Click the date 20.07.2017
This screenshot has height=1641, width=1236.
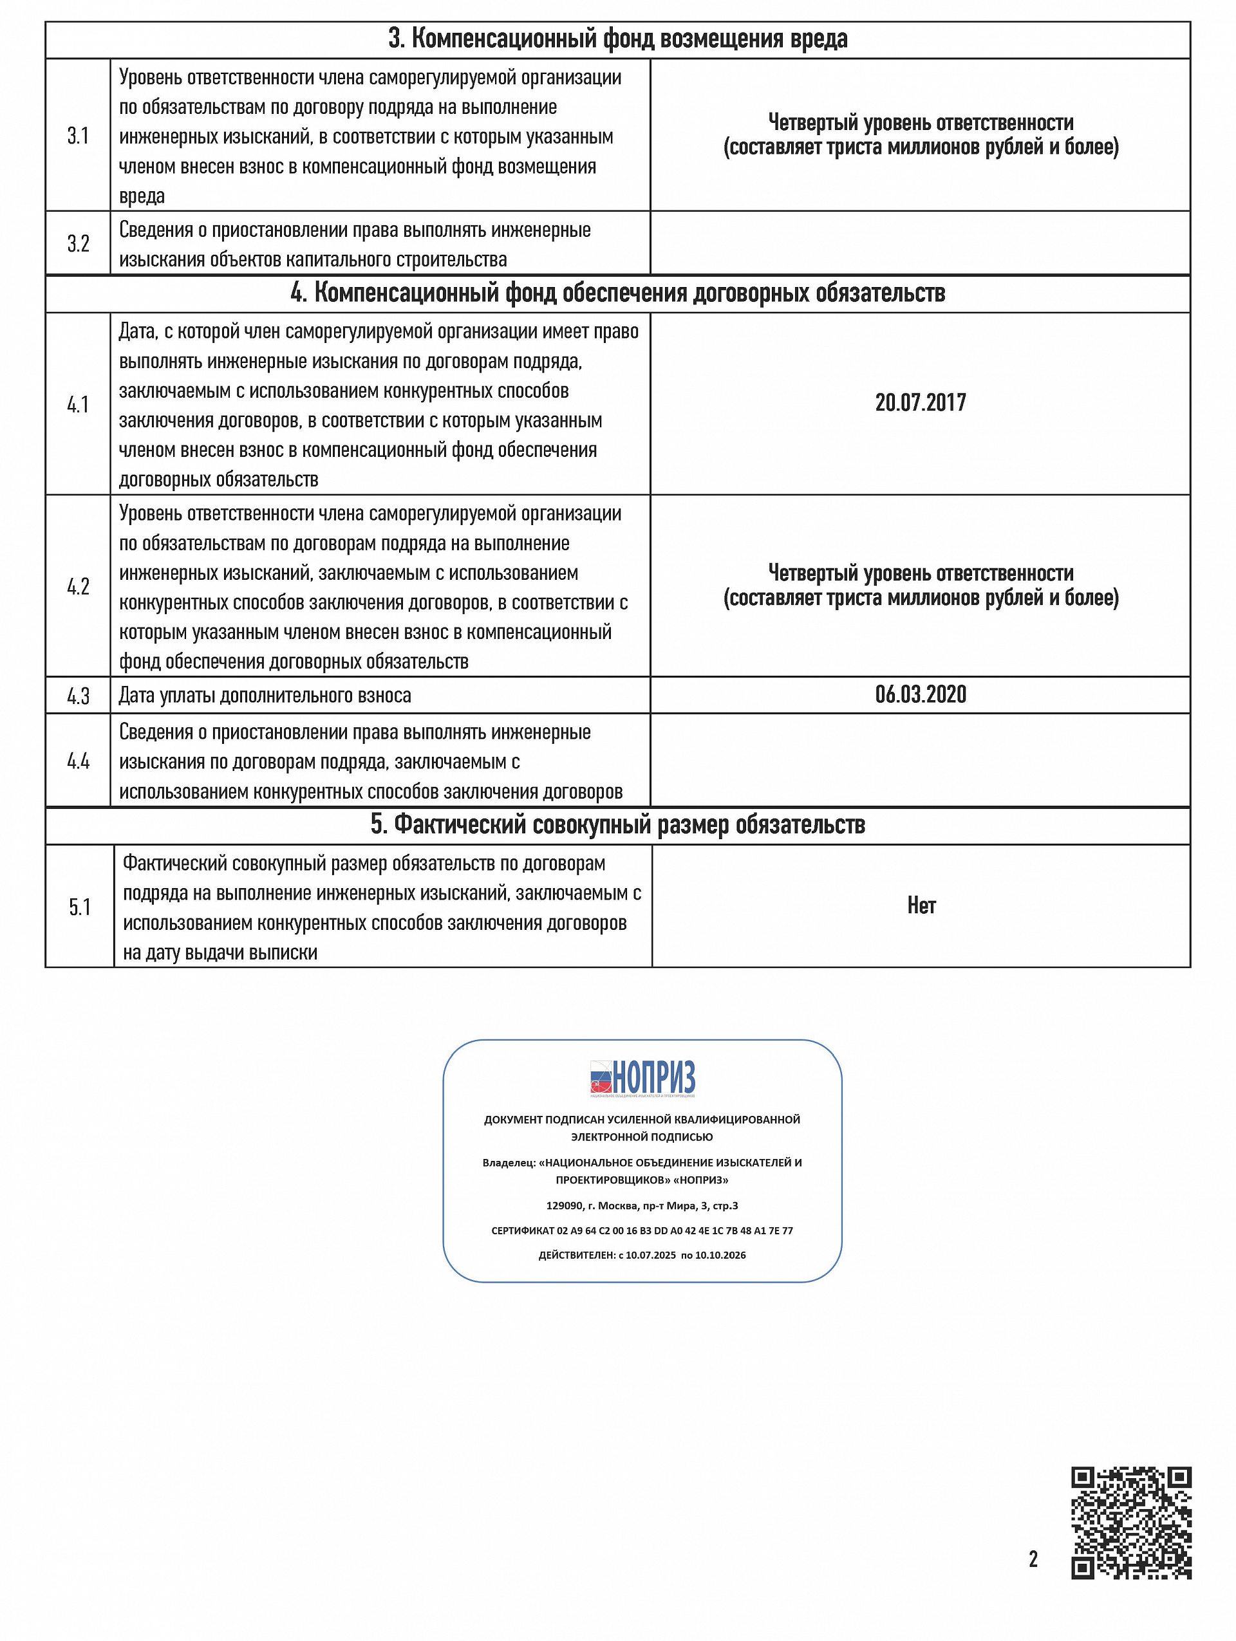tap(920, 403)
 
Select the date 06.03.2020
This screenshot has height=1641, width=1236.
tap(920, 694)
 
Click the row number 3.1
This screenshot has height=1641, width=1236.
tap(78, 136)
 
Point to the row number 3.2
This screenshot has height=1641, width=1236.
tap(78, 243)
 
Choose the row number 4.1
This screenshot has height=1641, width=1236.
tap(78, 404)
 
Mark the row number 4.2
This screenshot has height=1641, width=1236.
tap(78, 586)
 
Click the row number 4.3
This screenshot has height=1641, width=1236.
tap(78, 696)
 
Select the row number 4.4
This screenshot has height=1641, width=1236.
tap(78, 761)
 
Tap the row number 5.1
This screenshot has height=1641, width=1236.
tap(79, 907)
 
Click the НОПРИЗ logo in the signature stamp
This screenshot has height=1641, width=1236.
tap(642, 1079)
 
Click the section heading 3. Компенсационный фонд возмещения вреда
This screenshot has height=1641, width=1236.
tap(618, 39)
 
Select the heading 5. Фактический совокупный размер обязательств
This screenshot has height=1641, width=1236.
tap(618, 825)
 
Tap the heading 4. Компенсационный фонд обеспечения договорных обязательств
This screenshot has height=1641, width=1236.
tap(618, 293)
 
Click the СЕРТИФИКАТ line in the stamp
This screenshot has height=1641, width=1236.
tap(642, 1230)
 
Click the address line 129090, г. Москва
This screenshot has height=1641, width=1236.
tap(642, 1205)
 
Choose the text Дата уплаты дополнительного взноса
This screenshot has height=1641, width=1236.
tap(265, 696)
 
